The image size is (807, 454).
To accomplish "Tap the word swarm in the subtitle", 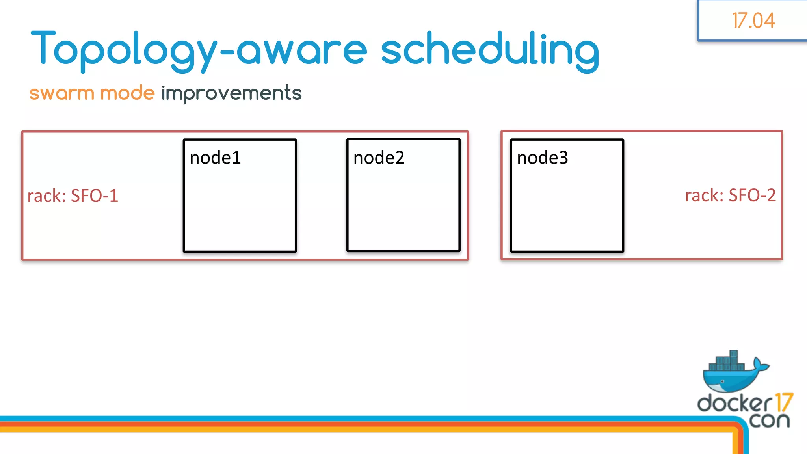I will (x=61, y=93).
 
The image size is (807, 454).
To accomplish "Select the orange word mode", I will (x=127, y=93).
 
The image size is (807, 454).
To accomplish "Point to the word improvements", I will (x=231, y=93).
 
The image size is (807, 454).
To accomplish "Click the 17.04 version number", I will (x=753, y=20).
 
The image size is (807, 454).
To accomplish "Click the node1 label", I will (x=215, y=158).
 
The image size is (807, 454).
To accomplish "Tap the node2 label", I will (x=379, y=158).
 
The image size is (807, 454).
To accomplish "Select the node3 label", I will (x=542, y=158).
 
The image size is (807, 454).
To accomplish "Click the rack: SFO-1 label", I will (x=73, y=195).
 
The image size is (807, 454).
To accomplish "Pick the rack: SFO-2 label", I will (x=730, y=195).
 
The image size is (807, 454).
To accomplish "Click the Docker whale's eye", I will (x=722, y=381).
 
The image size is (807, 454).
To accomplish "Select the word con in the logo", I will (x=770, y=420).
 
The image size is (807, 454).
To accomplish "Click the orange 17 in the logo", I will (x=783, y=402).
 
